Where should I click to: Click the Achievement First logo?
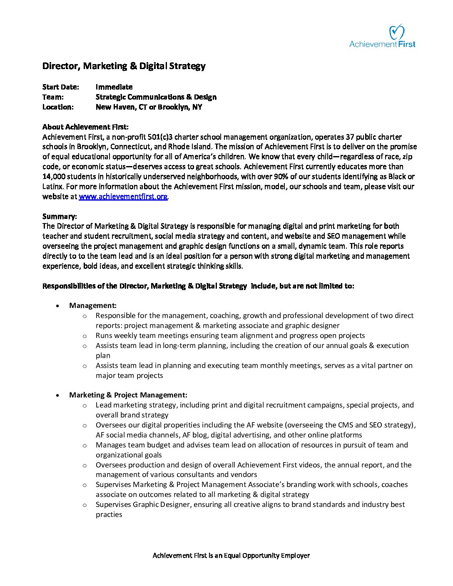[x=382, y=36]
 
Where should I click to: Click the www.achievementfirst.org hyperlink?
[x=123, y=196]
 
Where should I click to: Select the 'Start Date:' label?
[x=60, y=87]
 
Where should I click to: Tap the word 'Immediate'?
[x=114, y=87]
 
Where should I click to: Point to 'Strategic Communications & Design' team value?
[x=156, y=97]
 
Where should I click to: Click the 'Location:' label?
[x=58, y=107]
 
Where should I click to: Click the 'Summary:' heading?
[x=60, y=216]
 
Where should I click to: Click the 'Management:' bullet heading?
[x=93, y=305]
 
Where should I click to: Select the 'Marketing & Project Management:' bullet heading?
[x=128, y=395]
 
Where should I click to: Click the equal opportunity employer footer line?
[x=231, y=555]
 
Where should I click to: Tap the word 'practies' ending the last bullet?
[x=109, y=514]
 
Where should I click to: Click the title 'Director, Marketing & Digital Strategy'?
[x=124, y=66]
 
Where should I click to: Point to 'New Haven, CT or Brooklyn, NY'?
[x=149, y=107]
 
